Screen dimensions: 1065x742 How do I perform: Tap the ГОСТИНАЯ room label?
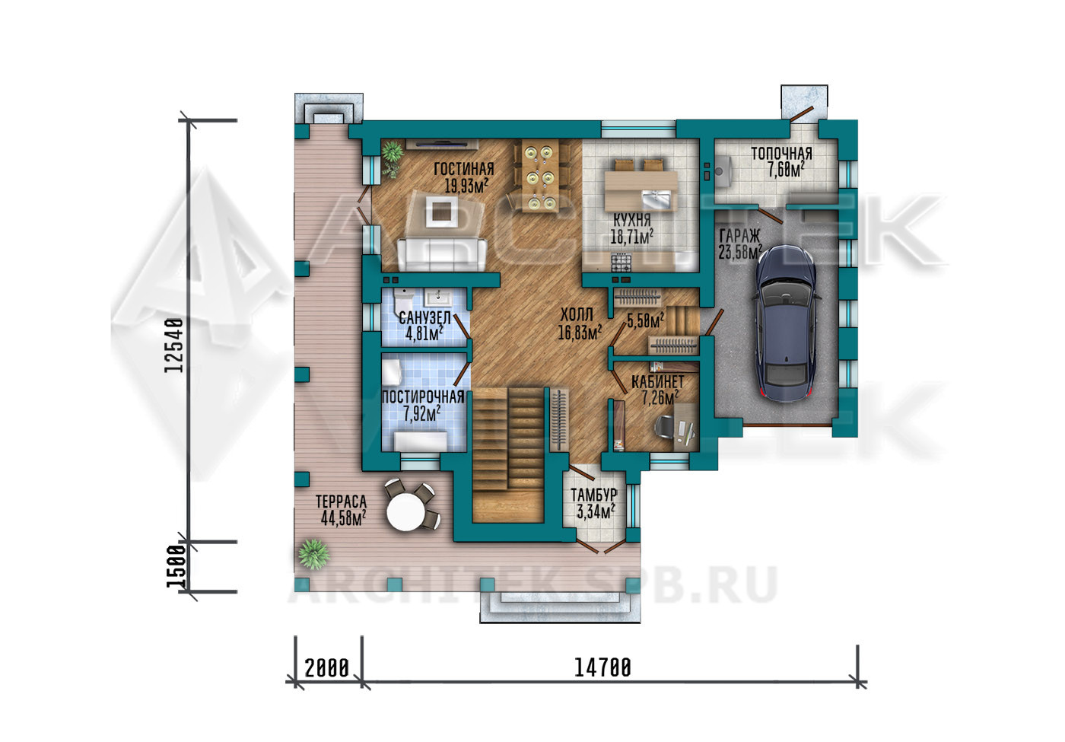tap(464, 169)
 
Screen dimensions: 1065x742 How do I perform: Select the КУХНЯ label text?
tap(632, 220)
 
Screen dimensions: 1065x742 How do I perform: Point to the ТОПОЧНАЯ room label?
tap(782, 154)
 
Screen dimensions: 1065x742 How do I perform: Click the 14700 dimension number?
tap(602, 668)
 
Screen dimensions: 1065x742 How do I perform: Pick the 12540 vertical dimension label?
tap(174, 346)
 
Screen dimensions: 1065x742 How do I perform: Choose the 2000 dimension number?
tap(326, 668)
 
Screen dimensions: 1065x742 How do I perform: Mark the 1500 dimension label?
tap(176, 566)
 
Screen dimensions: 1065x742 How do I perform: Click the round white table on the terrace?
tap(405, 511)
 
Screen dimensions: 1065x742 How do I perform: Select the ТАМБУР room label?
tap(594, 495)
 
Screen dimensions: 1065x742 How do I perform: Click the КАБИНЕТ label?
tap(657, 381)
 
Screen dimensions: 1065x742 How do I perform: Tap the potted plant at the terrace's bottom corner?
tap(313, 554)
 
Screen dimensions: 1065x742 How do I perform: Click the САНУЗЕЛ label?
tap(424, 317)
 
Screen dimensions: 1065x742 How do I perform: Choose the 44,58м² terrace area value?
tap(343, 518)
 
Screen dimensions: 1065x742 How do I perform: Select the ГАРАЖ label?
tap(739, 236)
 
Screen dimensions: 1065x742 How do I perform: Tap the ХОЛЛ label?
tap(577, 314)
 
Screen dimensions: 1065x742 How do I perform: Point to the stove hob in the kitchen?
tap(621, 263)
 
